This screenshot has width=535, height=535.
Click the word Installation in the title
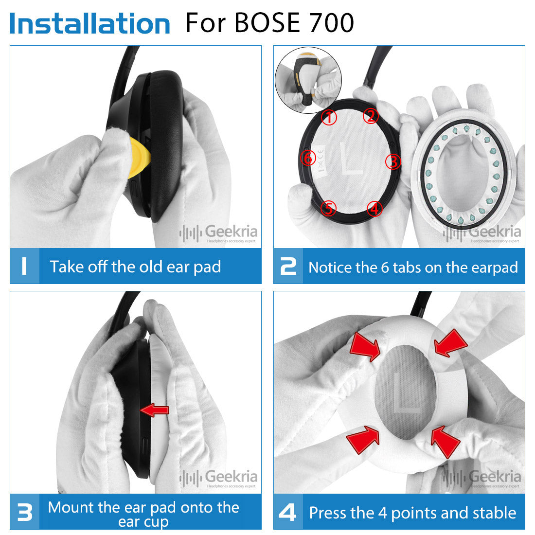pos(90,23)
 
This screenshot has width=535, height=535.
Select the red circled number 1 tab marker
pos(329,117)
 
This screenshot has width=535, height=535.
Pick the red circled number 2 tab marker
pos(371,116)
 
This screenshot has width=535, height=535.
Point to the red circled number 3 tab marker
pos(393,162)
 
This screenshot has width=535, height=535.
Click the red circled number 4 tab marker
pos(374,209)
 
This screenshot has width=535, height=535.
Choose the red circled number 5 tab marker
pos(329,208)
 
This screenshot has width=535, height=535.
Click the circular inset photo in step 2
pos(308,80)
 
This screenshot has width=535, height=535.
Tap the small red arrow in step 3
pos(155,410)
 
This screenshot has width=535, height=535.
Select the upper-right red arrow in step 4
pos(450,343)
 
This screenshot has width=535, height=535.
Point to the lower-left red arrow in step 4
pos(363,440)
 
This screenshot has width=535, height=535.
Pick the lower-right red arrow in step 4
pos(445,442)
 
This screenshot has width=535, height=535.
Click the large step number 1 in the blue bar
pos(24,266)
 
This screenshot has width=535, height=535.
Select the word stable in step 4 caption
pos(493,513)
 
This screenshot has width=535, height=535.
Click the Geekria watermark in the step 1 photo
pos(218,233)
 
